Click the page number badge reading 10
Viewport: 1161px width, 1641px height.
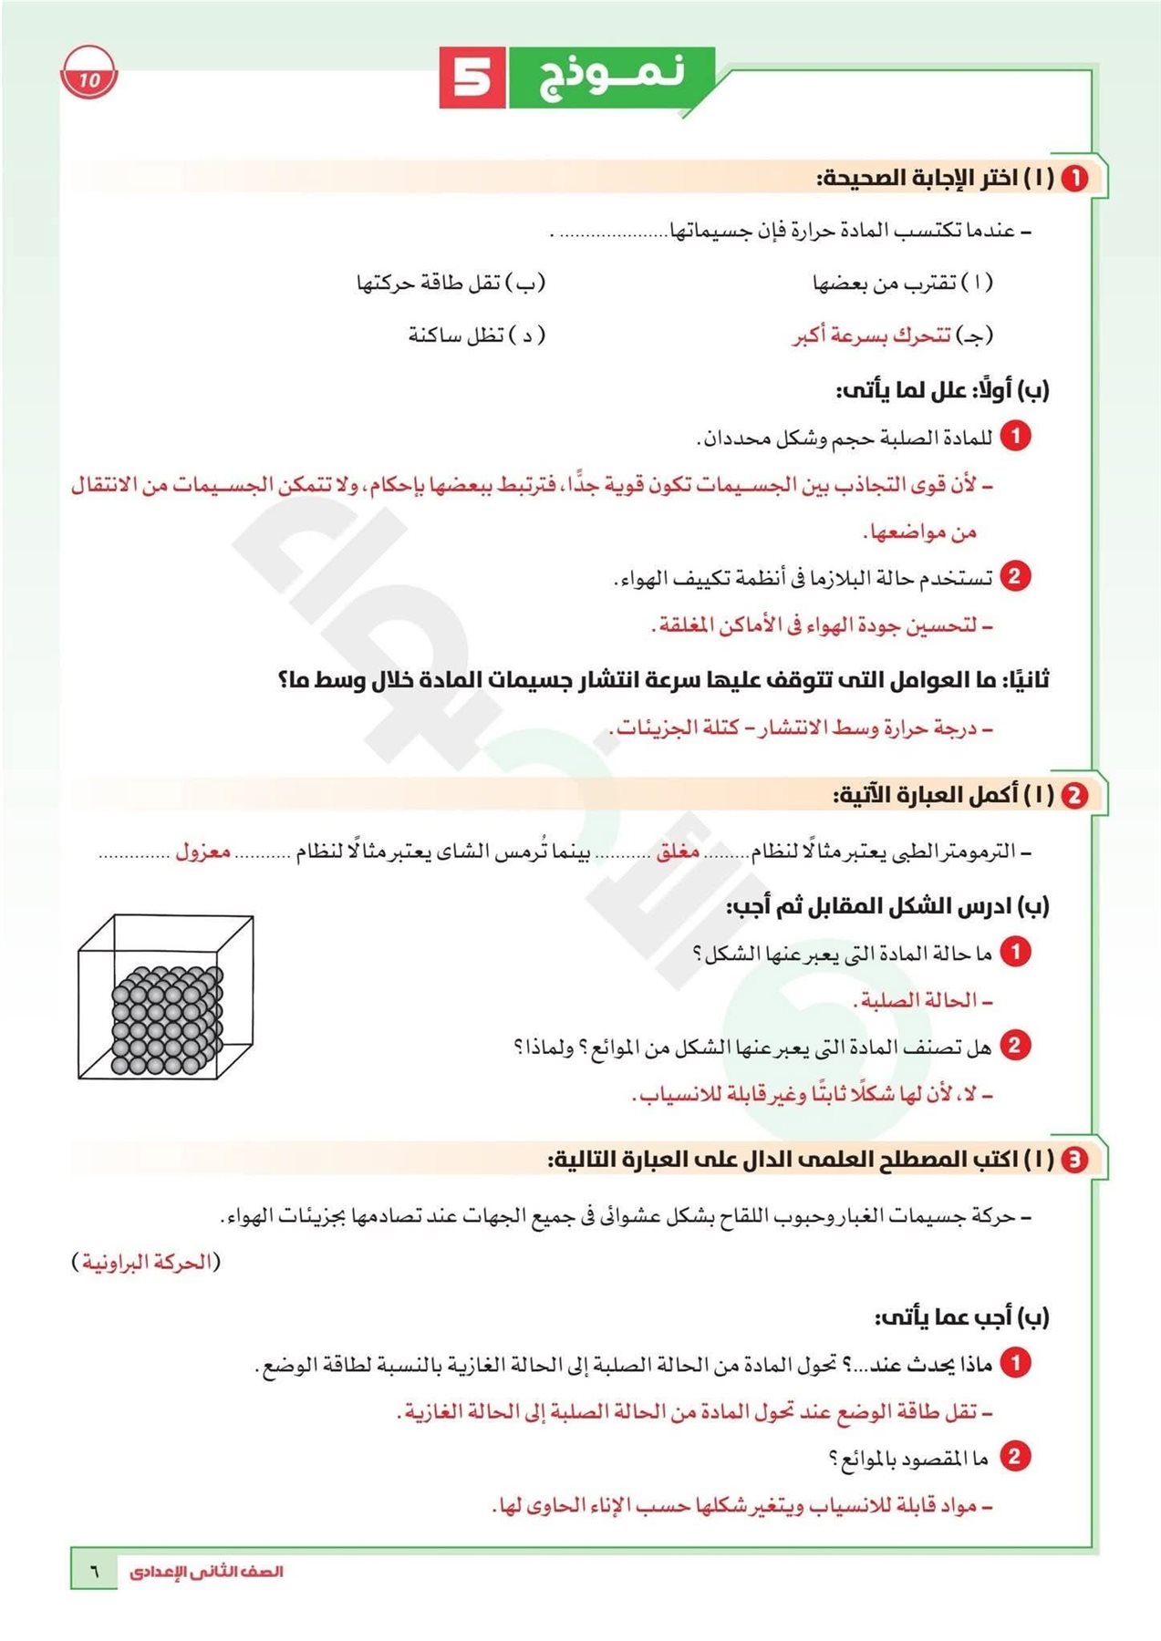89,78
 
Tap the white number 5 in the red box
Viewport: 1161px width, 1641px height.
472,77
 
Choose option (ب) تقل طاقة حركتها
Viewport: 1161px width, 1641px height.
451,283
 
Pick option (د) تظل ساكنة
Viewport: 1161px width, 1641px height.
476,335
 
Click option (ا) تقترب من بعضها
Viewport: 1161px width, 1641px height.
902,283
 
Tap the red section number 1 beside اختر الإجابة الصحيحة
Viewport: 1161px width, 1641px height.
1075,178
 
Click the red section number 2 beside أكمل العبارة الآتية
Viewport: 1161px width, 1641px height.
1074,795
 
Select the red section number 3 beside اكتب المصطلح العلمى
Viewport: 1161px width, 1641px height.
1075,1159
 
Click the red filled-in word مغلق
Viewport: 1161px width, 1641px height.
678,851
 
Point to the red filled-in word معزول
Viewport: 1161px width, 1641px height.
202,851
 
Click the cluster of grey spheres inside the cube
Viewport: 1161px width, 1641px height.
167,1019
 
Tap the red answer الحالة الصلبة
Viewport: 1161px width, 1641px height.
921,1001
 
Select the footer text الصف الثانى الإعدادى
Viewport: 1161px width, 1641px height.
206,1571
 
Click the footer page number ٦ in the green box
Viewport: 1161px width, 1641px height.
94,1571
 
